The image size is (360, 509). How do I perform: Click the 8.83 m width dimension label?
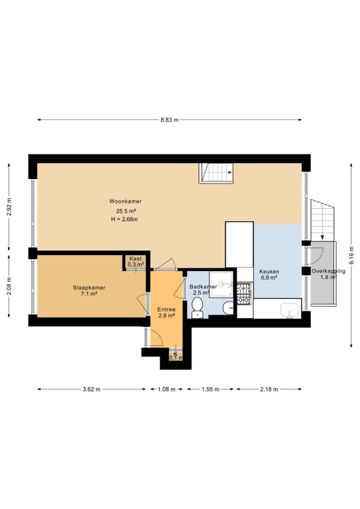pos(170,120)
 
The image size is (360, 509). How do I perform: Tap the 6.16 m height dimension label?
pos(351,255)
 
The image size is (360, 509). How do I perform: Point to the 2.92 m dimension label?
pos(9,207)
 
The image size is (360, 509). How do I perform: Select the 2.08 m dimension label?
pos(9,286)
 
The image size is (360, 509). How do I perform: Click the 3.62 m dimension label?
pos(91,389)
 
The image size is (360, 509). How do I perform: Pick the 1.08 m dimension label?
pos(166,389)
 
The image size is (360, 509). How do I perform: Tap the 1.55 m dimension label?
pos(210,389)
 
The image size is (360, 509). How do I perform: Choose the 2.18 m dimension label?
pos(269,389)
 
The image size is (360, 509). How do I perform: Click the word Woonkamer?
pos(125,201)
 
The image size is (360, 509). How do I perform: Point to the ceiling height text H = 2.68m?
pos(125,219)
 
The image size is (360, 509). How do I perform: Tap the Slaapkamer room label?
pos(89,288)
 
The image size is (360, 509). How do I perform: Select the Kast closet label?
pos(135,258)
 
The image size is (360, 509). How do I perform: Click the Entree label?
pos(166,310)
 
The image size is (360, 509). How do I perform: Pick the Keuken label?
pos(269,271)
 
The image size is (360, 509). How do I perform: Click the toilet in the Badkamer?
pos(197,308)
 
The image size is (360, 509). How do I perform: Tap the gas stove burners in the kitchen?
pos(244,294)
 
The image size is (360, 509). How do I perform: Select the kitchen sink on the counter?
pos(290,310)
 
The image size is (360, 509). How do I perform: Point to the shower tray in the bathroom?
pos(221,284)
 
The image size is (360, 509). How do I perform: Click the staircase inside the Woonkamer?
pos(216,173)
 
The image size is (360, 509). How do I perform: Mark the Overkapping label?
pos(329,271)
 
